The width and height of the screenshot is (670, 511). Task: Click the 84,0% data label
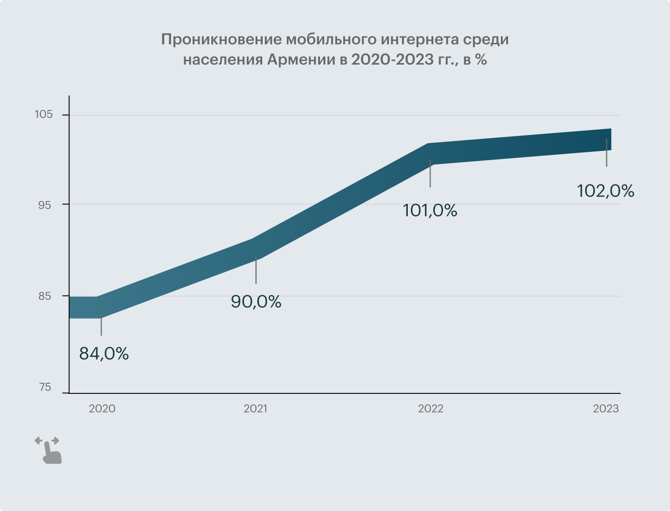coord(104,354)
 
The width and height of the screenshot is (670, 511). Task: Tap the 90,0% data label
coord(256,302)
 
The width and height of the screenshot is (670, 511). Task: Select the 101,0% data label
coord(430,210)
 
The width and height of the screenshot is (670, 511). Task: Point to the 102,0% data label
coord(605,191)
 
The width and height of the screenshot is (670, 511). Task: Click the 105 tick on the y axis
coord(43,115)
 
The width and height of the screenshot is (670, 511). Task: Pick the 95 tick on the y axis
coord(44,204)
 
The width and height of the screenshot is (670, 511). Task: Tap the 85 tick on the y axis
coord(44,296)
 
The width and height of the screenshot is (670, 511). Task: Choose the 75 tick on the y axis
coord(44,387)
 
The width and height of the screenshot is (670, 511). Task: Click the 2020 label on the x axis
coord(102,409)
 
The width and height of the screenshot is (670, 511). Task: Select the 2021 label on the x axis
coord(255,409)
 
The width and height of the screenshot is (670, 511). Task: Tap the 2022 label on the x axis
coord(430,409)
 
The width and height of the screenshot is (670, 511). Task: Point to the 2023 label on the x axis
coord(606,409)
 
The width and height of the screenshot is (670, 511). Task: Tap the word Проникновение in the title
coord(220,40)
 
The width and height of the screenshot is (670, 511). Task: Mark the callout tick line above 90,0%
coord(256,270)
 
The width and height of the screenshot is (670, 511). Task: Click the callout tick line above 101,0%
coord(430,174)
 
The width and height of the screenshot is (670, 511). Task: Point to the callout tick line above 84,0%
coord(101,322)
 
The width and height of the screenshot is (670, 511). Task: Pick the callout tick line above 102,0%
coord(606,153)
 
